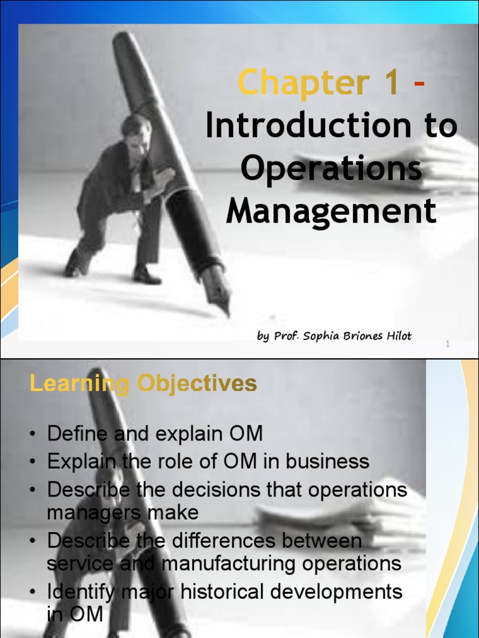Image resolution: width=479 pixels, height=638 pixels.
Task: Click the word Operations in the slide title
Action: [x=331, y=169]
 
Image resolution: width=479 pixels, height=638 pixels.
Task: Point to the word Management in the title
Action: [x=331, y=211]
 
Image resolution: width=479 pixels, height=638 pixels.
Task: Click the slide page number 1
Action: [x=448, y=345]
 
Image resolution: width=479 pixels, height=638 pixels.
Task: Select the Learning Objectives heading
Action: [x=143, y=383]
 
